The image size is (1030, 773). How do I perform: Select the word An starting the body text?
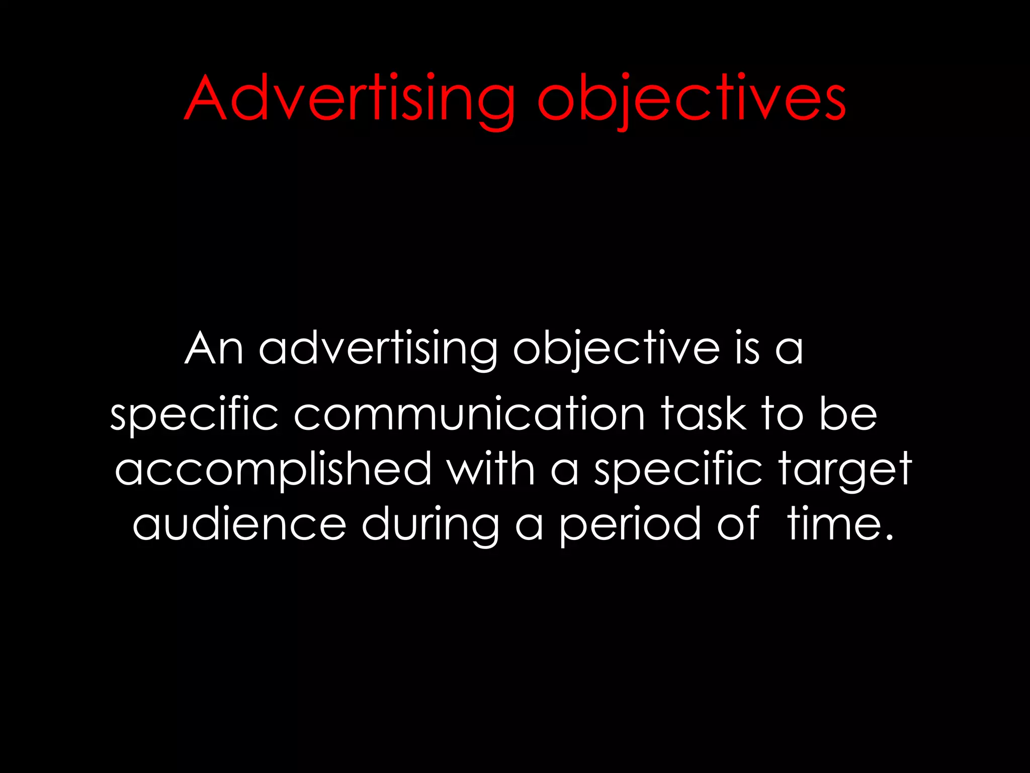[214, 348]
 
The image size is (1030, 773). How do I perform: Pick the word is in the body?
[747, 348]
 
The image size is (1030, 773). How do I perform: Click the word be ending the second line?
[848, 414]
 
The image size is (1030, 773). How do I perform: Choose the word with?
[491, 469]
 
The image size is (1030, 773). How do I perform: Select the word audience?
[239, 524]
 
